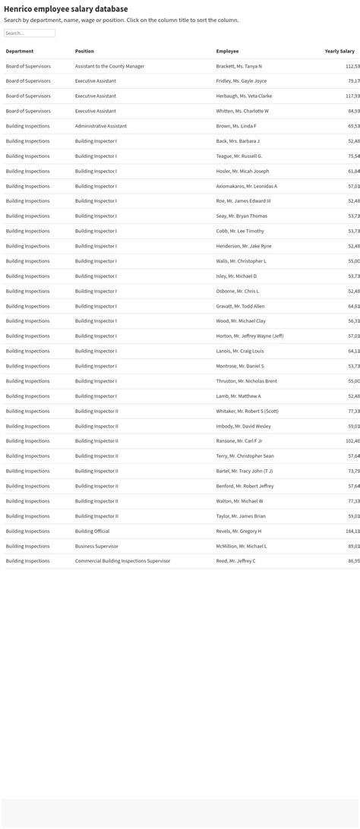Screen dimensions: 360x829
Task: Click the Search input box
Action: [x=30, y=33]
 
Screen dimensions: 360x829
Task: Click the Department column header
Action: [x=20, y=51]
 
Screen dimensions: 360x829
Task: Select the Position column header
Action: [x=84, y=51]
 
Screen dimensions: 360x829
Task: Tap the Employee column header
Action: [x=227, y=51]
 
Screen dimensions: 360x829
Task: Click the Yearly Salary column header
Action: [x=339, y=51]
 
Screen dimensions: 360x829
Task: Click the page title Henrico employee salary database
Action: [x=65, y=9]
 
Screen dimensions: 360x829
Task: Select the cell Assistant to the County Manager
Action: [x=109, y=66]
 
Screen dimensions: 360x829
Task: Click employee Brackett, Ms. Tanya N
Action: [x=238, y=66]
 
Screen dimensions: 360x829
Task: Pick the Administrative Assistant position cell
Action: [x=100, y=126]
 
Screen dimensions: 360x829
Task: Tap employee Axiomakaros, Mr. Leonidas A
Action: [x=246, y=186]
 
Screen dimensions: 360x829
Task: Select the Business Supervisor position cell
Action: [x=96, y=546]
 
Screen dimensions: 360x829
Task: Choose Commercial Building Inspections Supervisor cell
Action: [x=122, y=561]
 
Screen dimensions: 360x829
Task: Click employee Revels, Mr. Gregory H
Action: [x=238, y=531]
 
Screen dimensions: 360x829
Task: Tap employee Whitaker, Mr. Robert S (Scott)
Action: [x=247, y=411]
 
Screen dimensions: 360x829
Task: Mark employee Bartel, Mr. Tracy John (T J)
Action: [x=244, y=471]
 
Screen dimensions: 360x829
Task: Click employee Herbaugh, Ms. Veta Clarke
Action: [x=244, y=96]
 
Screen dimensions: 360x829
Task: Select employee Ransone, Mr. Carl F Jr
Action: [x=238, y=441]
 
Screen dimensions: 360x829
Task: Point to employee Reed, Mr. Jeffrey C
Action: [x=235, y=561]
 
